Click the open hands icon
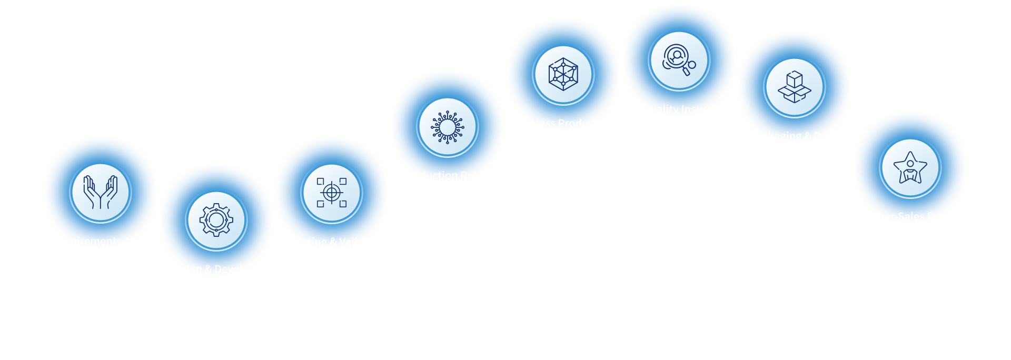pyautogui.click(x=100, y=192)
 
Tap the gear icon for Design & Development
pyautogui.click(x=216, y=220)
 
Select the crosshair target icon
pyautogui.click(x=332, y=193)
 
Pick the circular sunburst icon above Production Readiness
pyautogui.click(x=448, y=127)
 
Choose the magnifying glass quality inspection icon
pyautogui.click(x=679, y=61)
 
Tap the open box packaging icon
pyautogui.click(x=795, y=87)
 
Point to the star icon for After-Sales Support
pyautogui.click(x=910, y=168)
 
